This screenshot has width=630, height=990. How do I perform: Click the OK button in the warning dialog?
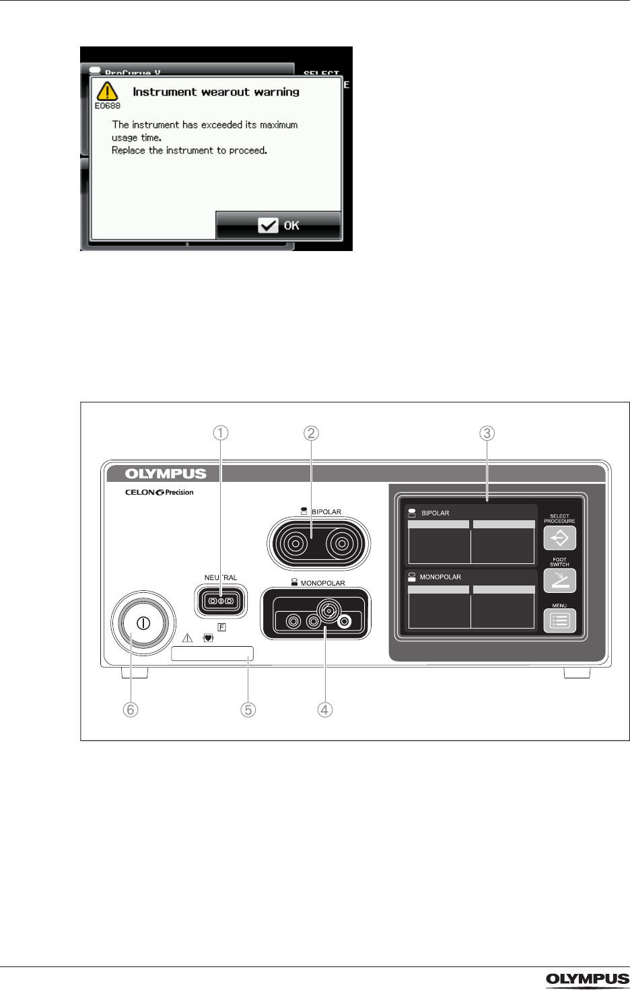pos(279,225)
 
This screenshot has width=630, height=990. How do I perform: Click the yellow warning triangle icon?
pos(106,91)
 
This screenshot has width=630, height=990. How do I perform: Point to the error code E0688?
pos(107,106)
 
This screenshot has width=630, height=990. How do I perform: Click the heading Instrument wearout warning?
pos(215,92)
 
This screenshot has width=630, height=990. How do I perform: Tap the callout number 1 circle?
pos(221,433)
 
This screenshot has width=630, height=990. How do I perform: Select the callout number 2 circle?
pos(311,433)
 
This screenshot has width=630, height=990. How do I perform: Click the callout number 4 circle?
pos(325,709)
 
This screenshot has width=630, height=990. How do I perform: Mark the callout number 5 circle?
pos(248,709)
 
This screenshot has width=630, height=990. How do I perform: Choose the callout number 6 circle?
pos(131,709)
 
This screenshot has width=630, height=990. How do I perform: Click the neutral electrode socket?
pos(221,600)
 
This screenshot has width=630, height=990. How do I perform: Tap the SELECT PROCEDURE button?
pos(559,538)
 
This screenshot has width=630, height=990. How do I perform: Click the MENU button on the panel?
pos(559,621)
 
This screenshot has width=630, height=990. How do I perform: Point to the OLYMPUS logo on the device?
pos(166,474)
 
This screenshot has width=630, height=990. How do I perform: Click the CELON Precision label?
pos(158,493)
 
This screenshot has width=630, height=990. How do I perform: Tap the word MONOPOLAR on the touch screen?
pos(440,577)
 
